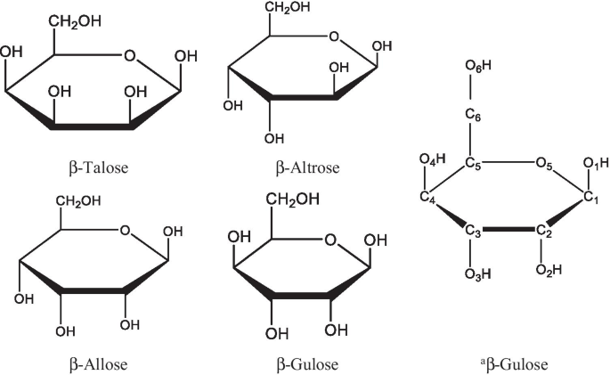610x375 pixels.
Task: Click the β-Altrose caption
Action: point(309,167)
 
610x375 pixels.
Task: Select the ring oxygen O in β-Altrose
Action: point(334,37)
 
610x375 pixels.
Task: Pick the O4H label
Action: point(428,161)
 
